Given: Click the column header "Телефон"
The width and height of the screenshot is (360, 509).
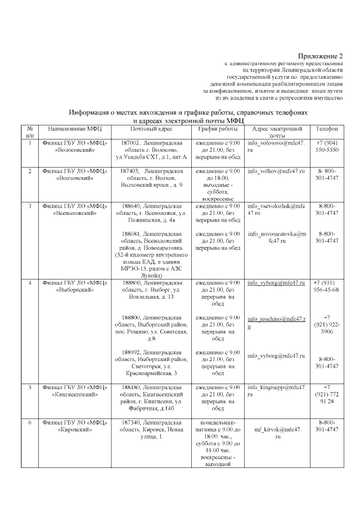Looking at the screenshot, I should pos(327,129).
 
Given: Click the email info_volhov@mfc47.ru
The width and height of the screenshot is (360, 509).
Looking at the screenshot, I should pos(276,170).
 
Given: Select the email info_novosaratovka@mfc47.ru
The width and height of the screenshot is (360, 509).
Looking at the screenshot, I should pos(277,237).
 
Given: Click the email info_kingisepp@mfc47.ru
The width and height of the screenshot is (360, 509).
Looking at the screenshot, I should pos(277,391).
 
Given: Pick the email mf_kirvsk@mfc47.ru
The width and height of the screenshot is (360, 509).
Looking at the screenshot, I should pos(277,433).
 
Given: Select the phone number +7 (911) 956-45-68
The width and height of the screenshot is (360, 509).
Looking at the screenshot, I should pos(326,286).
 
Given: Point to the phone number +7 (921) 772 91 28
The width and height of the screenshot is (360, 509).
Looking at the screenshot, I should pos(327,395).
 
